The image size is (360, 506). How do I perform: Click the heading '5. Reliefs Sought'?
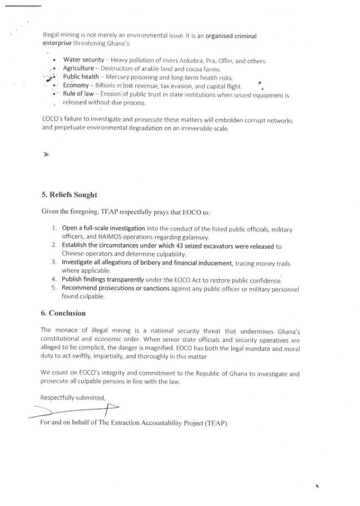pyautogui.click(x=69, y=195)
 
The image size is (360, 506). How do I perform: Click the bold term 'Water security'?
pyautogui.click(x=83, y=60)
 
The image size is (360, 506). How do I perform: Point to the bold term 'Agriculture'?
pyautogui.click(x=78, y=69)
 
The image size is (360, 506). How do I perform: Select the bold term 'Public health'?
pyautogui.click(x=81, y=77)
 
